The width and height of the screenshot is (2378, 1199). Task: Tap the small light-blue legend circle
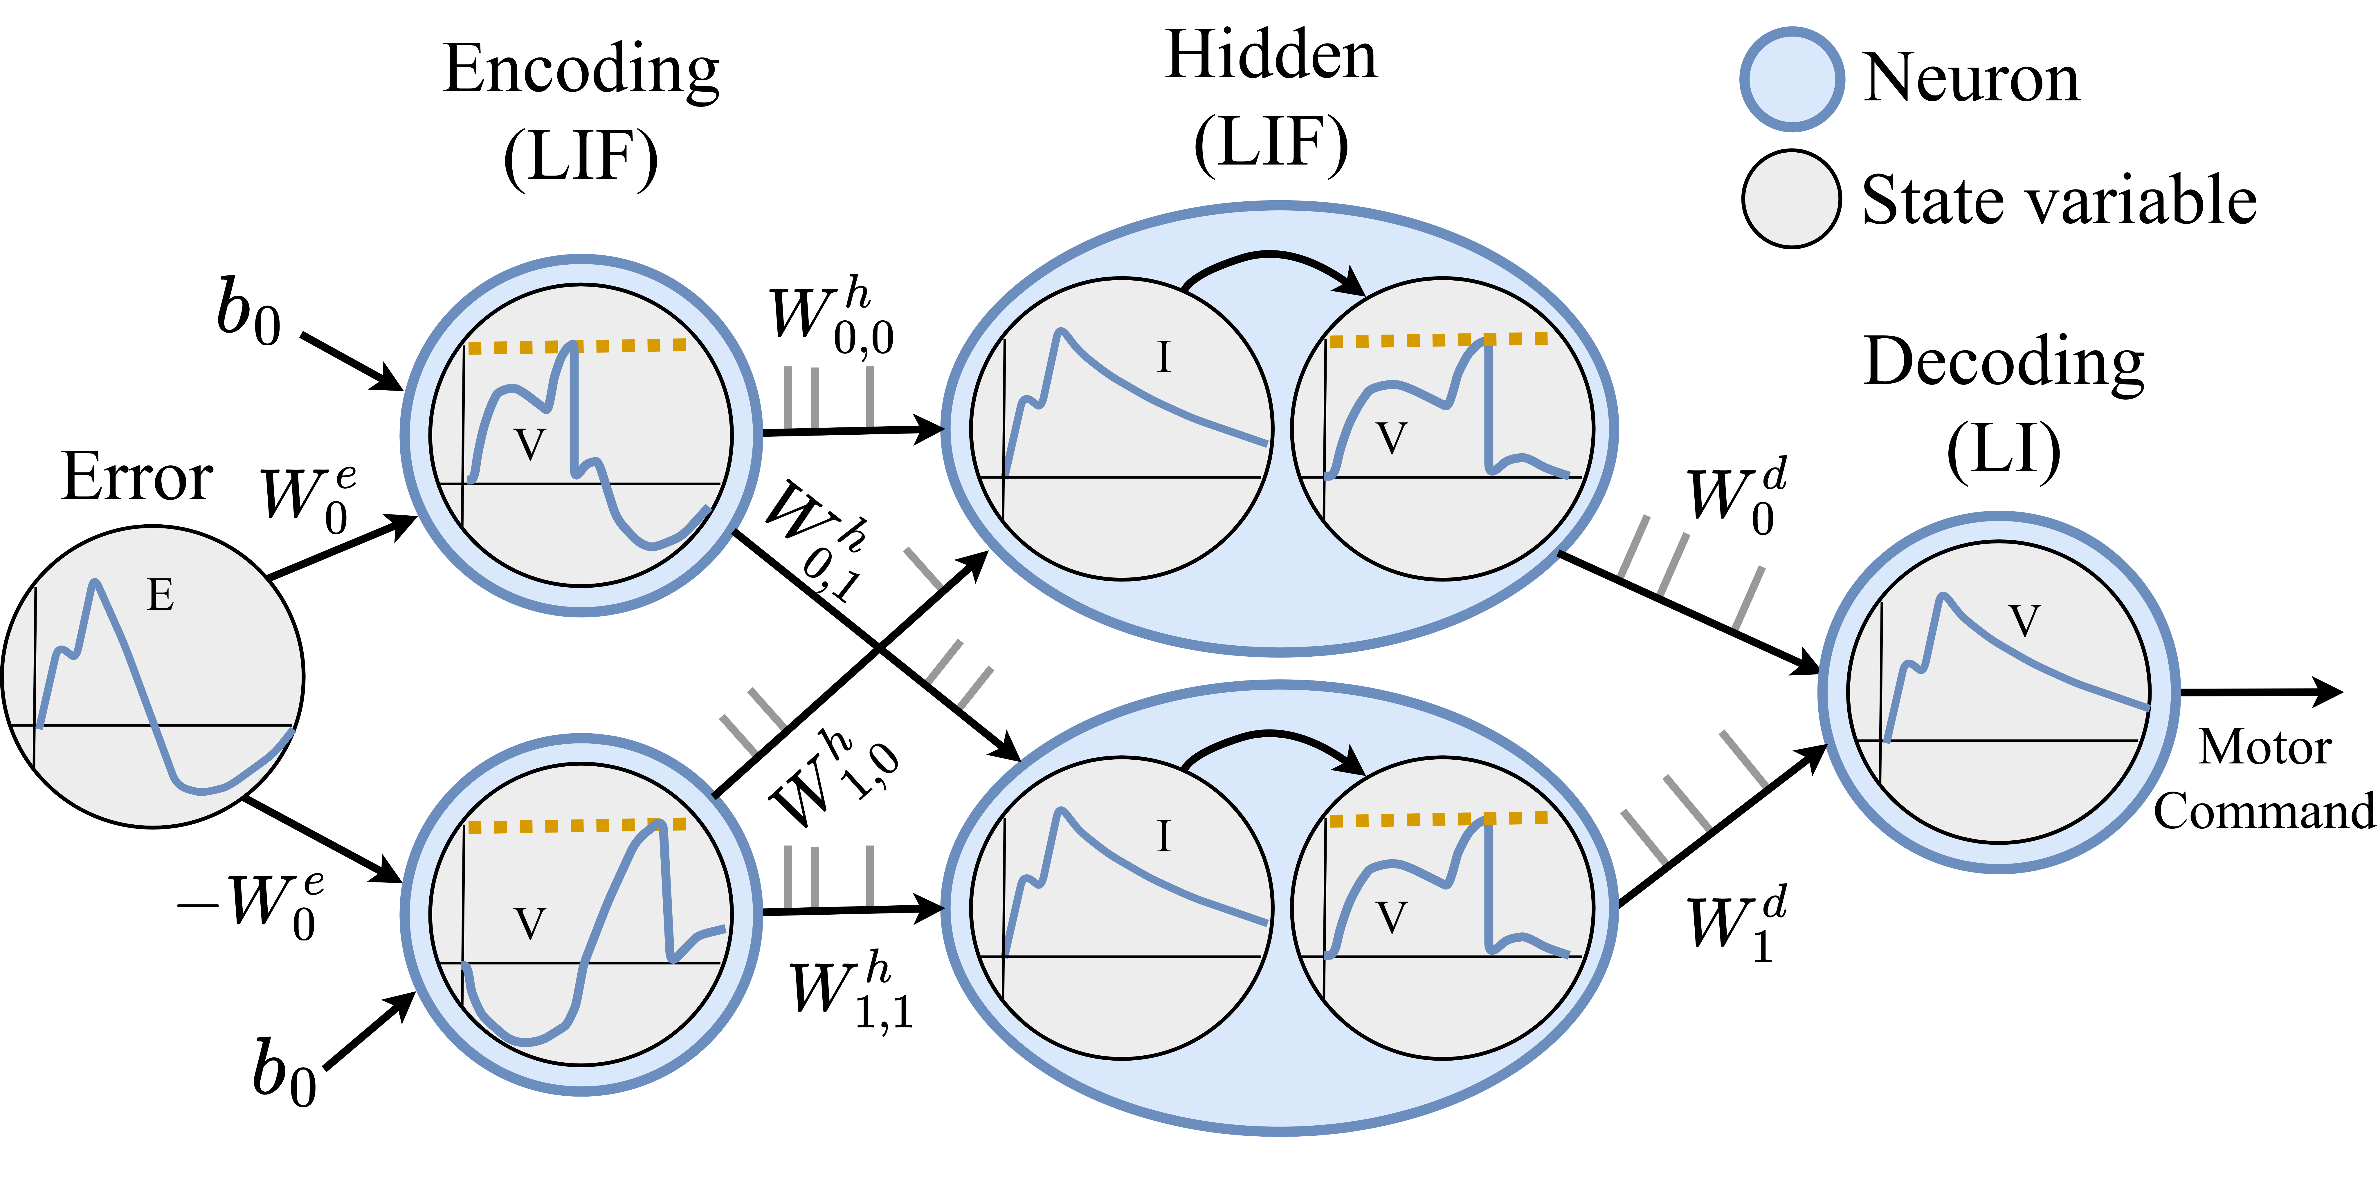click(x=1792, y=80)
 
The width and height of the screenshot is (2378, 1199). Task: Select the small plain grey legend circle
click(x=1792, y=198)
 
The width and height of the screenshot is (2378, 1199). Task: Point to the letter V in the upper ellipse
click(x=1391, y=438)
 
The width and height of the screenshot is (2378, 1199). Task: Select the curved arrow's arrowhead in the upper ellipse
click(x=1353, y=282)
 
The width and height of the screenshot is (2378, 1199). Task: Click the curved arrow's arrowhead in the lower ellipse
click(x=1353, y=761)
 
